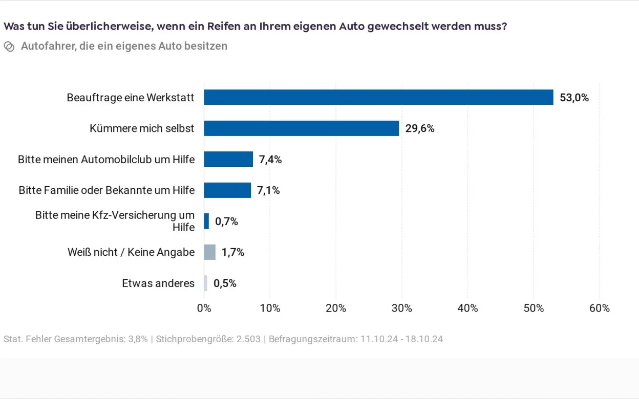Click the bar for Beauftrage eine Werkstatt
coord(378,97)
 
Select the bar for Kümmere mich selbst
coord(301,128)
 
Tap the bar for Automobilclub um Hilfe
coord(228,159)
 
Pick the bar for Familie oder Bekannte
coord(227,190)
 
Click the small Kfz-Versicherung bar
coord(206,221)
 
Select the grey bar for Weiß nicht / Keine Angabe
coord(209,252)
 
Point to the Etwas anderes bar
coord(206,283)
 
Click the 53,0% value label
coord(574,98)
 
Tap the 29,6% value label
coord(420,128)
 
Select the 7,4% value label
coord(270,160)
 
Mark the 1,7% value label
coord(233,252)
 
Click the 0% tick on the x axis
coord(204,308)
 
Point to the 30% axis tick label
coord(401,308)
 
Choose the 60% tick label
coord(599,308)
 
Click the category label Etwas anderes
coord(158,283)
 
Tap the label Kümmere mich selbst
coord(142,128)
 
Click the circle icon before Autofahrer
coord(9,47)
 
